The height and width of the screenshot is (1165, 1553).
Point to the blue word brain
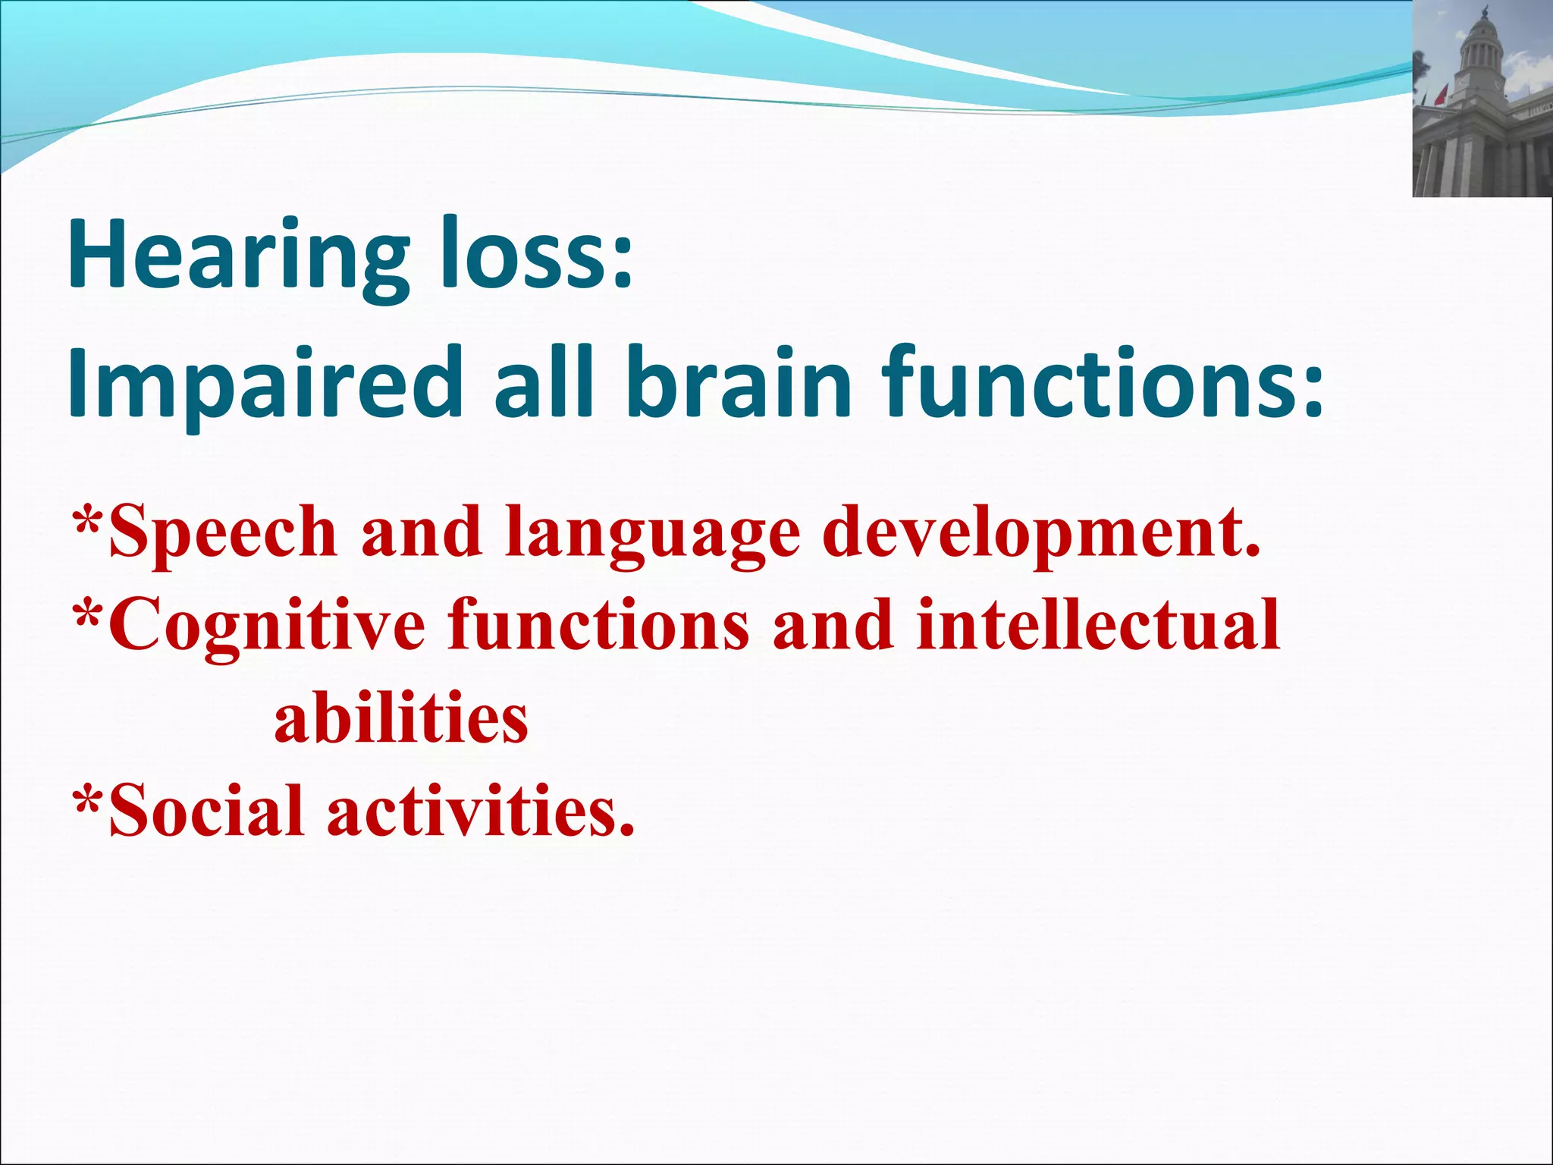pos(740,383)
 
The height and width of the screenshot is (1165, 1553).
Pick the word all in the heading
pos(542,383)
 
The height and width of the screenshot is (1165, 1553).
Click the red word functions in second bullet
pos(599,625)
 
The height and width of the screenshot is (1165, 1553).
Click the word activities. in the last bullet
pos(481,812)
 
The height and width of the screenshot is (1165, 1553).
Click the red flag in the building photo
pos(1442,96)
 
